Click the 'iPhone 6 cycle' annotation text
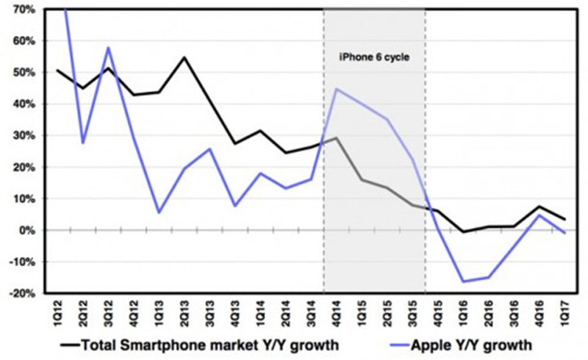click(x=374, y=57)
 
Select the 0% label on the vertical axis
click(x=26, y=230)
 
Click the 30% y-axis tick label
click(x=24, y=136)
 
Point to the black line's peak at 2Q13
click(x=184, y=57)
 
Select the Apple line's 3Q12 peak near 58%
click(x=109, y=48)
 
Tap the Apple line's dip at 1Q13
click(x=159, y=212)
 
